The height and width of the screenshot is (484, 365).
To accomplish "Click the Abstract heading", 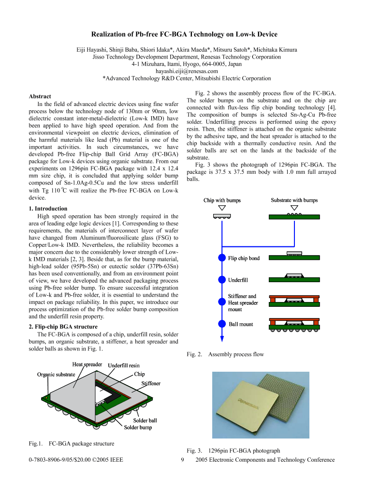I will point(40,96).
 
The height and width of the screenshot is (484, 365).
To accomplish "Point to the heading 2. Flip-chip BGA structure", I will point(63,327).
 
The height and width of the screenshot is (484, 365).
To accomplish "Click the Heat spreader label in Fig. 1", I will point(87,364).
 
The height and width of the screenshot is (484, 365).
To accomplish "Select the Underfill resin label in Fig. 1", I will point(124,365).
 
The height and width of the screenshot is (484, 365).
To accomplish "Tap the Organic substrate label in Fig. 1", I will point(56,374).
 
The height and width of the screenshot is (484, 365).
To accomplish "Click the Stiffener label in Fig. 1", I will point(151,383).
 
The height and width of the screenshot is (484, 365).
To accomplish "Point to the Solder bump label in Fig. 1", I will point(138,427).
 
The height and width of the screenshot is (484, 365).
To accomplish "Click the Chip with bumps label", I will point(222,200).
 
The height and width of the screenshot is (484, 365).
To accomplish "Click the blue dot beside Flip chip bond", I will point(222,258).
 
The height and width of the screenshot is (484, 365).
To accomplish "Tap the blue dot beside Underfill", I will point(222,280).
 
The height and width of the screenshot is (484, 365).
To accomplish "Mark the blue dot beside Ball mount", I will point(222,324).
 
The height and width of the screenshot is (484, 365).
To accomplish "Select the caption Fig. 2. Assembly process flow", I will point(225,354).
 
